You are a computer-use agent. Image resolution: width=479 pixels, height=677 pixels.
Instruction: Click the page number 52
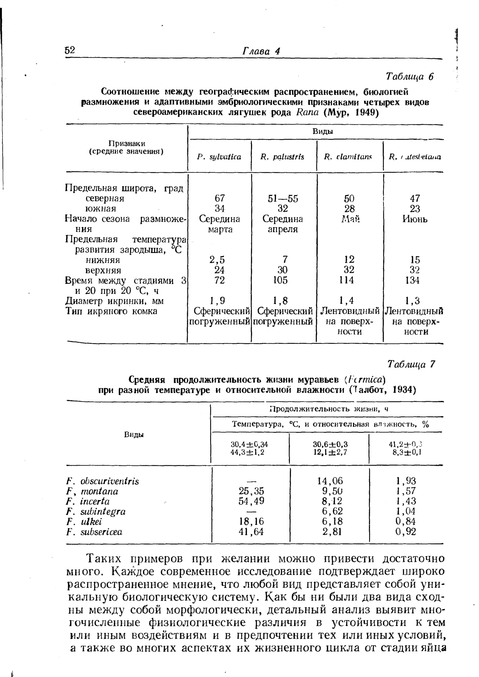[x=70, y=50]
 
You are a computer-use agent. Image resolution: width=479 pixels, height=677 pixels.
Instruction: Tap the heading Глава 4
[x=261, y=51]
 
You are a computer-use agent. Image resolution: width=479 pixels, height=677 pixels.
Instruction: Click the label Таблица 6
[x=409, y=76]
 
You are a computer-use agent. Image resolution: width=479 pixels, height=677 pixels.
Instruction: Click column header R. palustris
[x=282, y=157]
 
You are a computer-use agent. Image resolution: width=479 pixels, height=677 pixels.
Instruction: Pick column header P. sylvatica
[x=219, y=157]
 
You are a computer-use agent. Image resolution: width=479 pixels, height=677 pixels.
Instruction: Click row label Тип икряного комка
[x=111, y=311]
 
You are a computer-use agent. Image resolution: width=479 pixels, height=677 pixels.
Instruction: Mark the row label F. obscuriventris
[x=103, y=481]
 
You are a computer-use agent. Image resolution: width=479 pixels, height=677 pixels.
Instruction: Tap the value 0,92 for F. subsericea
[x=406, y=532]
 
